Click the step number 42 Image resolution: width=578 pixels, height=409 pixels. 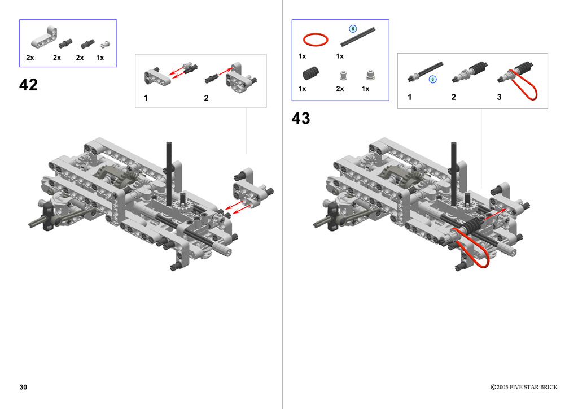coord(28,85)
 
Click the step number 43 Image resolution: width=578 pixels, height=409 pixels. coord(301,119)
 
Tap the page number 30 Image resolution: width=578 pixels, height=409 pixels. coord(23,387)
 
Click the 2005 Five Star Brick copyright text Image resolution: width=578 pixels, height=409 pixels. coord(524,387)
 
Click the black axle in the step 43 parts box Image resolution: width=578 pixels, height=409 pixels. coord(358,37)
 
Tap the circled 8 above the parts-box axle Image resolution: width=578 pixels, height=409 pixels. coord(353,28)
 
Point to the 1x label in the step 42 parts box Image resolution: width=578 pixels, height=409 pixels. coord(100,58)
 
